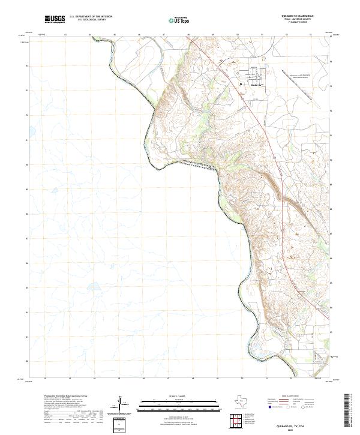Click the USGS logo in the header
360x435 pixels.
[55, 20]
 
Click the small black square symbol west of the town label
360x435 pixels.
[241, 85]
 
